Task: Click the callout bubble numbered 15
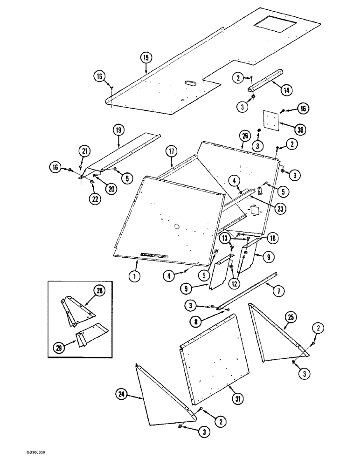click(x=146, y=58)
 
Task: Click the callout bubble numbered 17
click(x=171, y=151)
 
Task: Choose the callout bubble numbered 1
click(x=134, y=276)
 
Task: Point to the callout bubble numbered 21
click(x=84, y=151)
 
